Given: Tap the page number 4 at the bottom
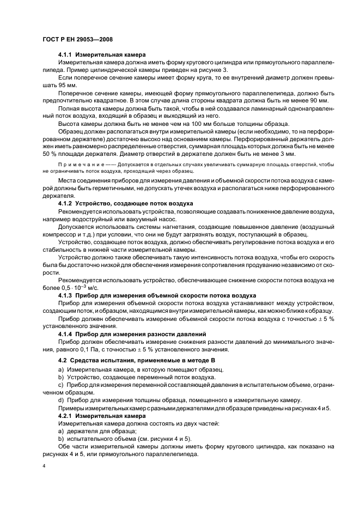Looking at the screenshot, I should (x=44, y=467).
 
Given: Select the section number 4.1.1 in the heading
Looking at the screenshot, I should (x=65, y=55).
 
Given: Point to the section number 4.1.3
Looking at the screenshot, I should (x=65, y=295).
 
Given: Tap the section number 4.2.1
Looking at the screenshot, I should (x=65, y=415).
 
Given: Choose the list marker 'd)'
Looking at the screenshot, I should (x=60, y=400).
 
